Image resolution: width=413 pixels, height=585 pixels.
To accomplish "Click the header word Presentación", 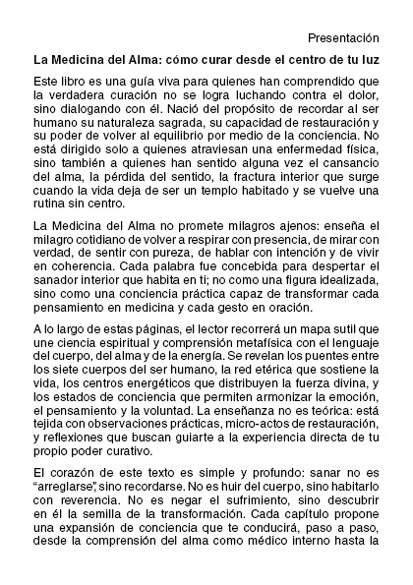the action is pyautogui.click(x=343, y=37).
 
